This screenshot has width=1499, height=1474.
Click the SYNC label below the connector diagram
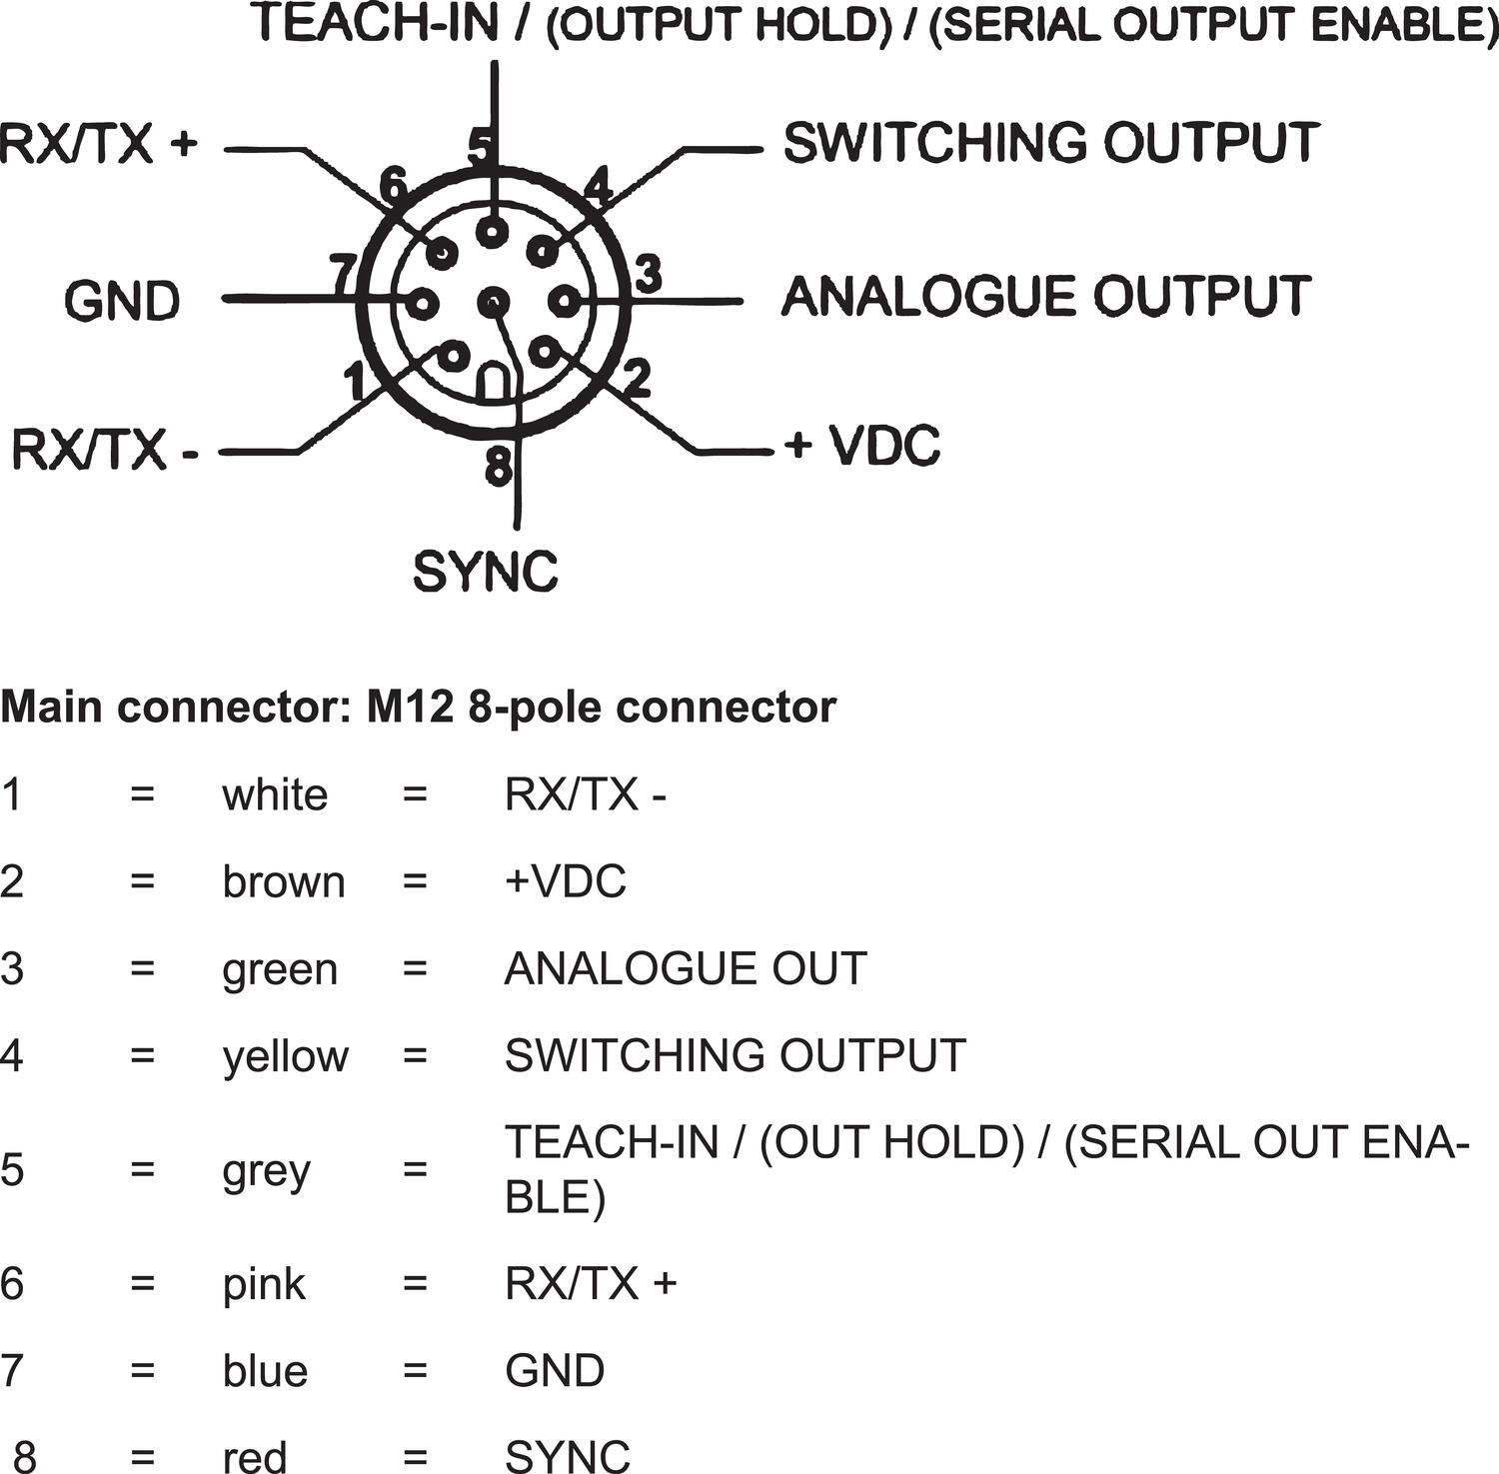coord(485,572)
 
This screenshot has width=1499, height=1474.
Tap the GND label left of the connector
coord(122,301)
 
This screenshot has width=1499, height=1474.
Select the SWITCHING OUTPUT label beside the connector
coord(1051,143)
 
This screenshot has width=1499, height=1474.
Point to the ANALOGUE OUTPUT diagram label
coord(1045,296)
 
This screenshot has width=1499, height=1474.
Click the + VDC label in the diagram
coord(862,446)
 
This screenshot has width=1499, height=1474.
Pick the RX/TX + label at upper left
coord(99,144)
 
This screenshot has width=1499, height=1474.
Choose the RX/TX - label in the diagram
coord(104,450)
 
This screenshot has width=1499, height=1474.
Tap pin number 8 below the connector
coord(498,466)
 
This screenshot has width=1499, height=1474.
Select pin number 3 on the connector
coord(649,274)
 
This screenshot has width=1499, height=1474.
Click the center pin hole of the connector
coord(493,301)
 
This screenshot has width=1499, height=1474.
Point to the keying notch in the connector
coord(493,383)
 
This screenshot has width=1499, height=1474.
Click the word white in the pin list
coord(275,795)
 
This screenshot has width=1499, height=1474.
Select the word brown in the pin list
coord(284,882)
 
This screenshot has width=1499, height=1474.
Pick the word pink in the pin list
coord(264,1284)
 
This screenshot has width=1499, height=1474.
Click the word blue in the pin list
coord(265,1370)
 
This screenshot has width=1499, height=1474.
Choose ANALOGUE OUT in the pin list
coord(686,969)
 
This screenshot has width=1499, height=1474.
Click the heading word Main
coord(52,708)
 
